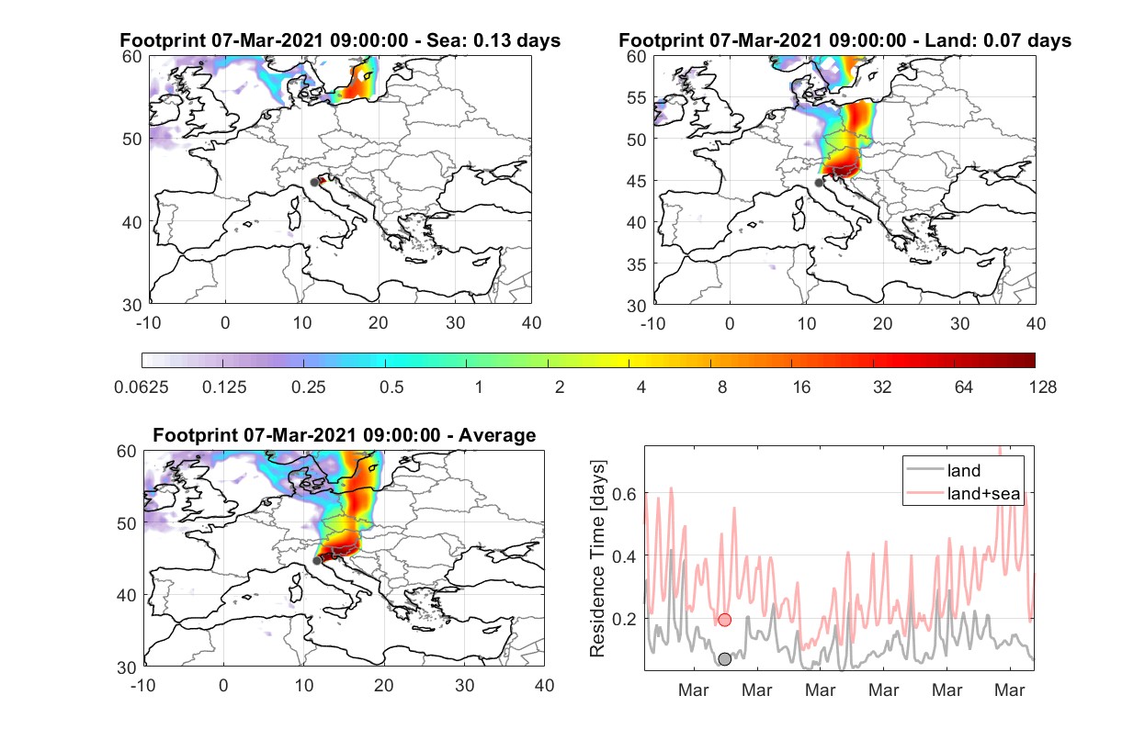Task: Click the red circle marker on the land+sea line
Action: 725,620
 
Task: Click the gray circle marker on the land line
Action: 725,659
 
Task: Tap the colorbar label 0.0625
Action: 142,387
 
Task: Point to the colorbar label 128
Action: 1042,387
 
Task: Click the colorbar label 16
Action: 801,387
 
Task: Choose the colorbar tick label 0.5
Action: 391,387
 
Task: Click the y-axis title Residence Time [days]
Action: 597,558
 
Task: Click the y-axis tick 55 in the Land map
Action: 637,97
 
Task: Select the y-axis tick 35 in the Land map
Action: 637,264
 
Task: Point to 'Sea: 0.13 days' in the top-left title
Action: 493,40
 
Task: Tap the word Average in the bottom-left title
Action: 497,435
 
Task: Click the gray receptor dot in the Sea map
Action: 314,183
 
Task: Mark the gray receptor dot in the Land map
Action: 819,183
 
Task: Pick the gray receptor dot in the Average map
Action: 317,560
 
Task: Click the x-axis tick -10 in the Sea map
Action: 148,323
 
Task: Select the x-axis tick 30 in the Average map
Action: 464,685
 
